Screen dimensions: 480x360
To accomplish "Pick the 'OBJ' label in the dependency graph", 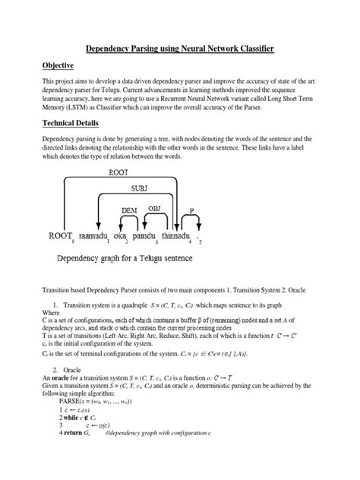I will [x=154, y=208].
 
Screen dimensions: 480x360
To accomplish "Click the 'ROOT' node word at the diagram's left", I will [x=60, y=236].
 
